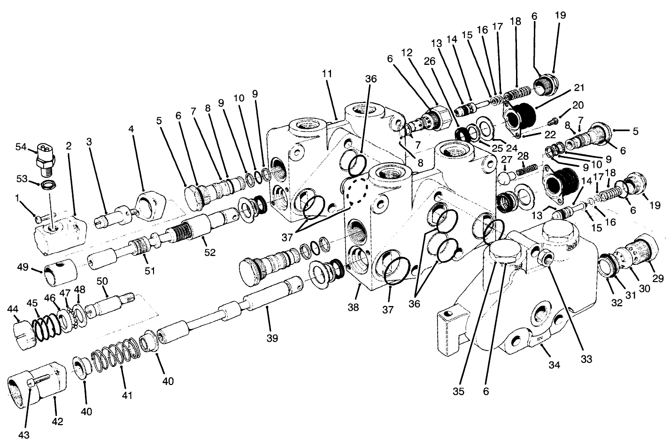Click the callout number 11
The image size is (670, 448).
(327, 74)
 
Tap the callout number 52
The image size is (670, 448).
(209, 252)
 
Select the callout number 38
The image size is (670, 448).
(353, 307)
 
